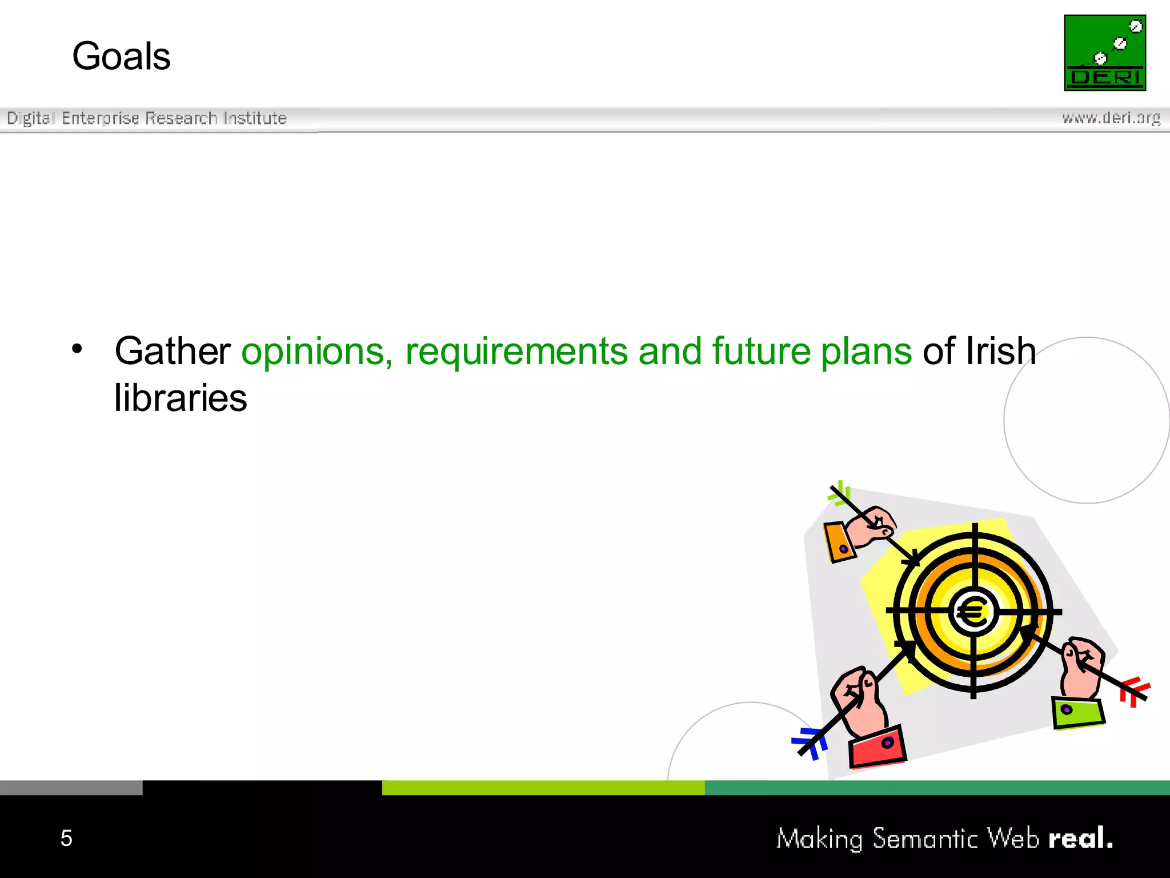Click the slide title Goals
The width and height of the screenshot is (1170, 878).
[121, 57]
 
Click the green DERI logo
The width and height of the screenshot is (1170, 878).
[1104, 53]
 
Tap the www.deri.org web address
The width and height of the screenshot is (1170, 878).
[1111, 118]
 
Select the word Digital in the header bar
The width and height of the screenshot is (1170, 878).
[30, 118]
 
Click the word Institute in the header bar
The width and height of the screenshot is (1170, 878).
[255, 118]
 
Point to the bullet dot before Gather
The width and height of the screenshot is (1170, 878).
[77, 348]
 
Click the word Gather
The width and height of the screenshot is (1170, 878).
[172, 351]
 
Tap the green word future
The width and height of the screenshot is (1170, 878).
[761, 351]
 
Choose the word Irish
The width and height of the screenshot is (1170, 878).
[1000, 351]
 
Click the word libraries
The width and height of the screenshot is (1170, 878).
[181, 398]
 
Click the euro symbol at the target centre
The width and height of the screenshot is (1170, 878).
[972, 613]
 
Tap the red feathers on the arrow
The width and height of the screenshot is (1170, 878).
[1134, 691]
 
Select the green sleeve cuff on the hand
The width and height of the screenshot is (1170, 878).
[1077, 713]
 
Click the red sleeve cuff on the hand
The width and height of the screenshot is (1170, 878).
[877, 747]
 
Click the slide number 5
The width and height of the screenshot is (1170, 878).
[66, 838]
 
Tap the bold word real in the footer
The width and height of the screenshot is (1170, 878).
[1080, 838]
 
